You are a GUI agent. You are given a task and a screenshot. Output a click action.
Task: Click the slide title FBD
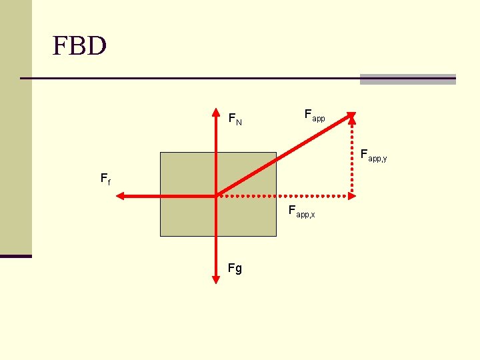(x=79, y=47)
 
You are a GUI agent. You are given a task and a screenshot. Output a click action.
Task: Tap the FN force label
(x=235, y=119)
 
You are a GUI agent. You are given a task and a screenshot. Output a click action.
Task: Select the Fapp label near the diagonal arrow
(x=314, y=115)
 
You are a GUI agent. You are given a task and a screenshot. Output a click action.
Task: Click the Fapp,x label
(x=301, y=213)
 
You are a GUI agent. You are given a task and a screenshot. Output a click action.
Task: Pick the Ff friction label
(x=105, y=179)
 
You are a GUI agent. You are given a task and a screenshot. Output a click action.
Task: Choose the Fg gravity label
(x=235, y=269)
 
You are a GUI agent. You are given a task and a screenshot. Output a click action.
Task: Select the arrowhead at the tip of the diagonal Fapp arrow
(x=351, y=116)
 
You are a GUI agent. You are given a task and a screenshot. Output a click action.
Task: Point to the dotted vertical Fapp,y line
(x=353, y=157)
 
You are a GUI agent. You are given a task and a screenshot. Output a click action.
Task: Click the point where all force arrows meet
(x=217, y=196)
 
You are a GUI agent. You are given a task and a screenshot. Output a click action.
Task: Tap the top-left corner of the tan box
(x=161, y=153)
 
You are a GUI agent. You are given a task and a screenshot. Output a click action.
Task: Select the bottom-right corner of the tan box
(x=275, y=236)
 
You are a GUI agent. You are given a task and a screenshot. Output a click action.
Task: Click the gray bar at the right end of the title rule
(x=407, y=79)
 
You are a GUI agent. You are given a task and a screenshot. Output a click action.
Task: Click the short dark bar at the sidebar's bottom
(x=16, y=256)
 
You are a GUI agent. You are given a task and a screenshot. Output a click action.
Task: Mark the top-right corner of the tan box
(x=275, y=153)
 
